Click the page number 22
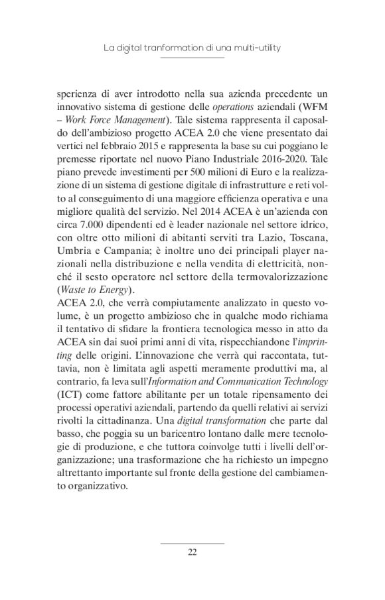[x=193, y=554]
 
